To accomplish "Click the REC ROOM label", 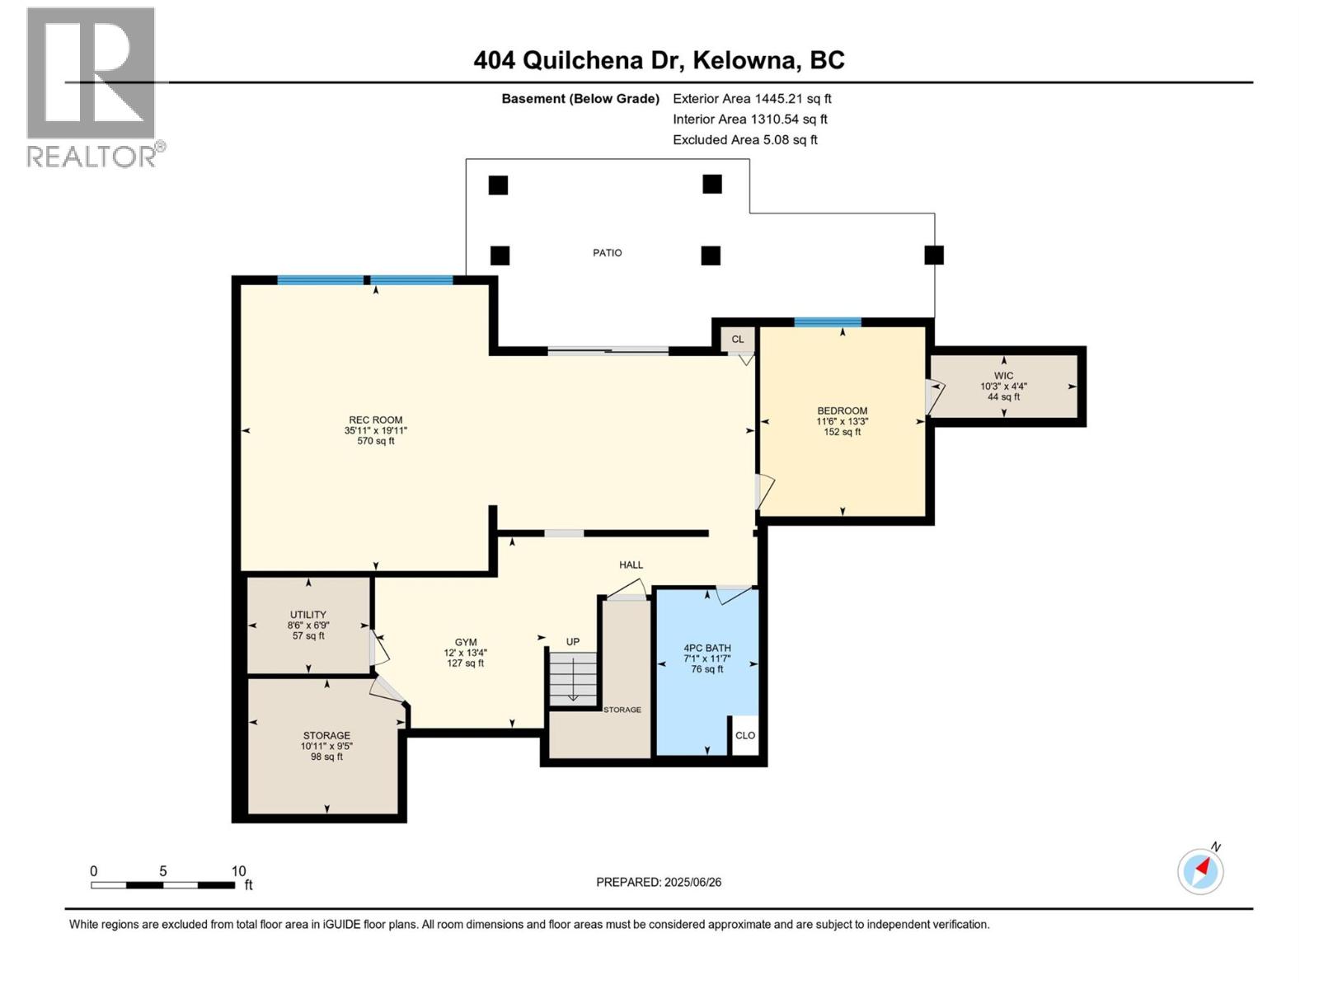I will pyautogui.click(x=375, y=420).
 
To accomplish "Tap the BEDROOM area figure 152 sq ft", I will pyautogui.click(x=842, y=432).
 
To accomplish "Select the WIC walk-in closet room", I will pyautogui.click(x=1003, y=386).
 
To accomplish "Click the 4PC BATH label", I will pyautogui.click(x=706, y=648).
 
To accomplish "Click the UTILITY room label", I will pyautogui.click(x=307, y=615).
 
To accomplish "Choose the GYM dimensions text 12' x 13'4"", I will pyautogui.click(x=465, y=653).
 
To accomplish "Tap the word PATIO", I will pyautogui.click(x=607, y=253).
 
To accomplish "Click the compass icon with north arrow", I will pyautogui.click(x=1200, y=871).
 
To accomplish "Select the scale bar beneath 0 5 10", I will pyautogui.click(x=162, y=885).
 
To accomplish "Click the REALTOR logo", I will pyautogui.click(x=92, y=87).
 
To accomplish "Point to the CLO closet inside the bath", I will pyautogui.click(x=744, y=735).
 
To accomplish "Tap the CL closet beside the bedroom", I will pyautogui.click(x=737, y=339).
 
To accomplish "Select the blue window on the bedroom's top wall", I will pyautogui.click(x=827, y=322).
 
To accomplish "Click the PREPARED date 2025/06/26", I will pyautogui.click(x=659, y=882).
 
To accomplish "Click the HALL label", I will pyautogui.click(x=631, y=565).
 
